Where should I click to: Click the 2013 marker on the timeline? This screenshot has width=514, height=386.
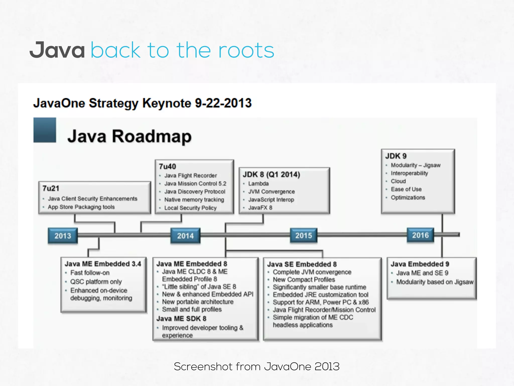tap(63, 236)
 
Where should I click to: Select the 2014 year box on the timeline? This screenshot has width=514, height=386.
tap(185, 236)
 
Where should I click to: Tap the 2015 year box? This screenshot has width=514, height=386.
tap(303, 235)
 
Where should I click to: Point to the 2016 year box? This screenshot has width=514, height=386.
tap(420, 235)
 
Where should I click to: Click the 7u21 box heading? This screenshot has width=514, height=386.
tap(51, 188)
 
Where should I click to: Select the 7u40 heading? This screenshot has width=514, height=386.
tap(167, 167)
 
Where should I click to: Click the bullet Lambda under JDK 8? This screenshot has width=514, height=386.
tap(258, 183)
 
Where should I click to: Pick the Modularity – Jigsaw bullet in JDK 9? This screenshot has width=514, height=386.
tap(416, 165)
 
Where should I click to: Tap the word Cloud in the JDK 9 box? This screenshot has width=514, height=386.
tap(398, 181)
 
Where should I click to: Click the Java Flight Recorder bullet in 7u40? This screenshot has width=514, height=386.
tap(190, 175)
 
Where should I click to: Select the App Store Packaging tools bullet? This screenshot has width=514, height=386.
tap(81, 207)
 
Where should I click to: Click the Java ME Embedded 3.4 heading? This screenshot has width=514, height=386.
tap(103, 264)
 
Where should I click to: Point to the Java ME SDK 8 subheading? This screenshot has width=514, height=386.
tap(181, 319)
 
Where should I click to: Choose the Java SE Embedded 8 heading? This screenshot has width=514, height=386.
tap(302, 264)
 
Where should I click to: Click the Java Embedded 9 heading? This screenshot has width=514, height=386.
tap(420, 264)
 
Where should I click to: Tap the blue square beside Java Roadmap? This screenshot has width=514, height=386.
tap(45, 130)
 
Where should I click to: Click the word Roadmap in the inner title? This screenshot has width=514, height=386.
tap(152, 136)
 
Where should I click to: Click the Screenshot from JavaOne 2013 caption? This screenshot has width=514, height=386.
tap(256, 367)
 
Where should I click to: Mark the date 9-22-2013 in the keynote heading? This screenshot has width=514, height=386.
tap(223, 103)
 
